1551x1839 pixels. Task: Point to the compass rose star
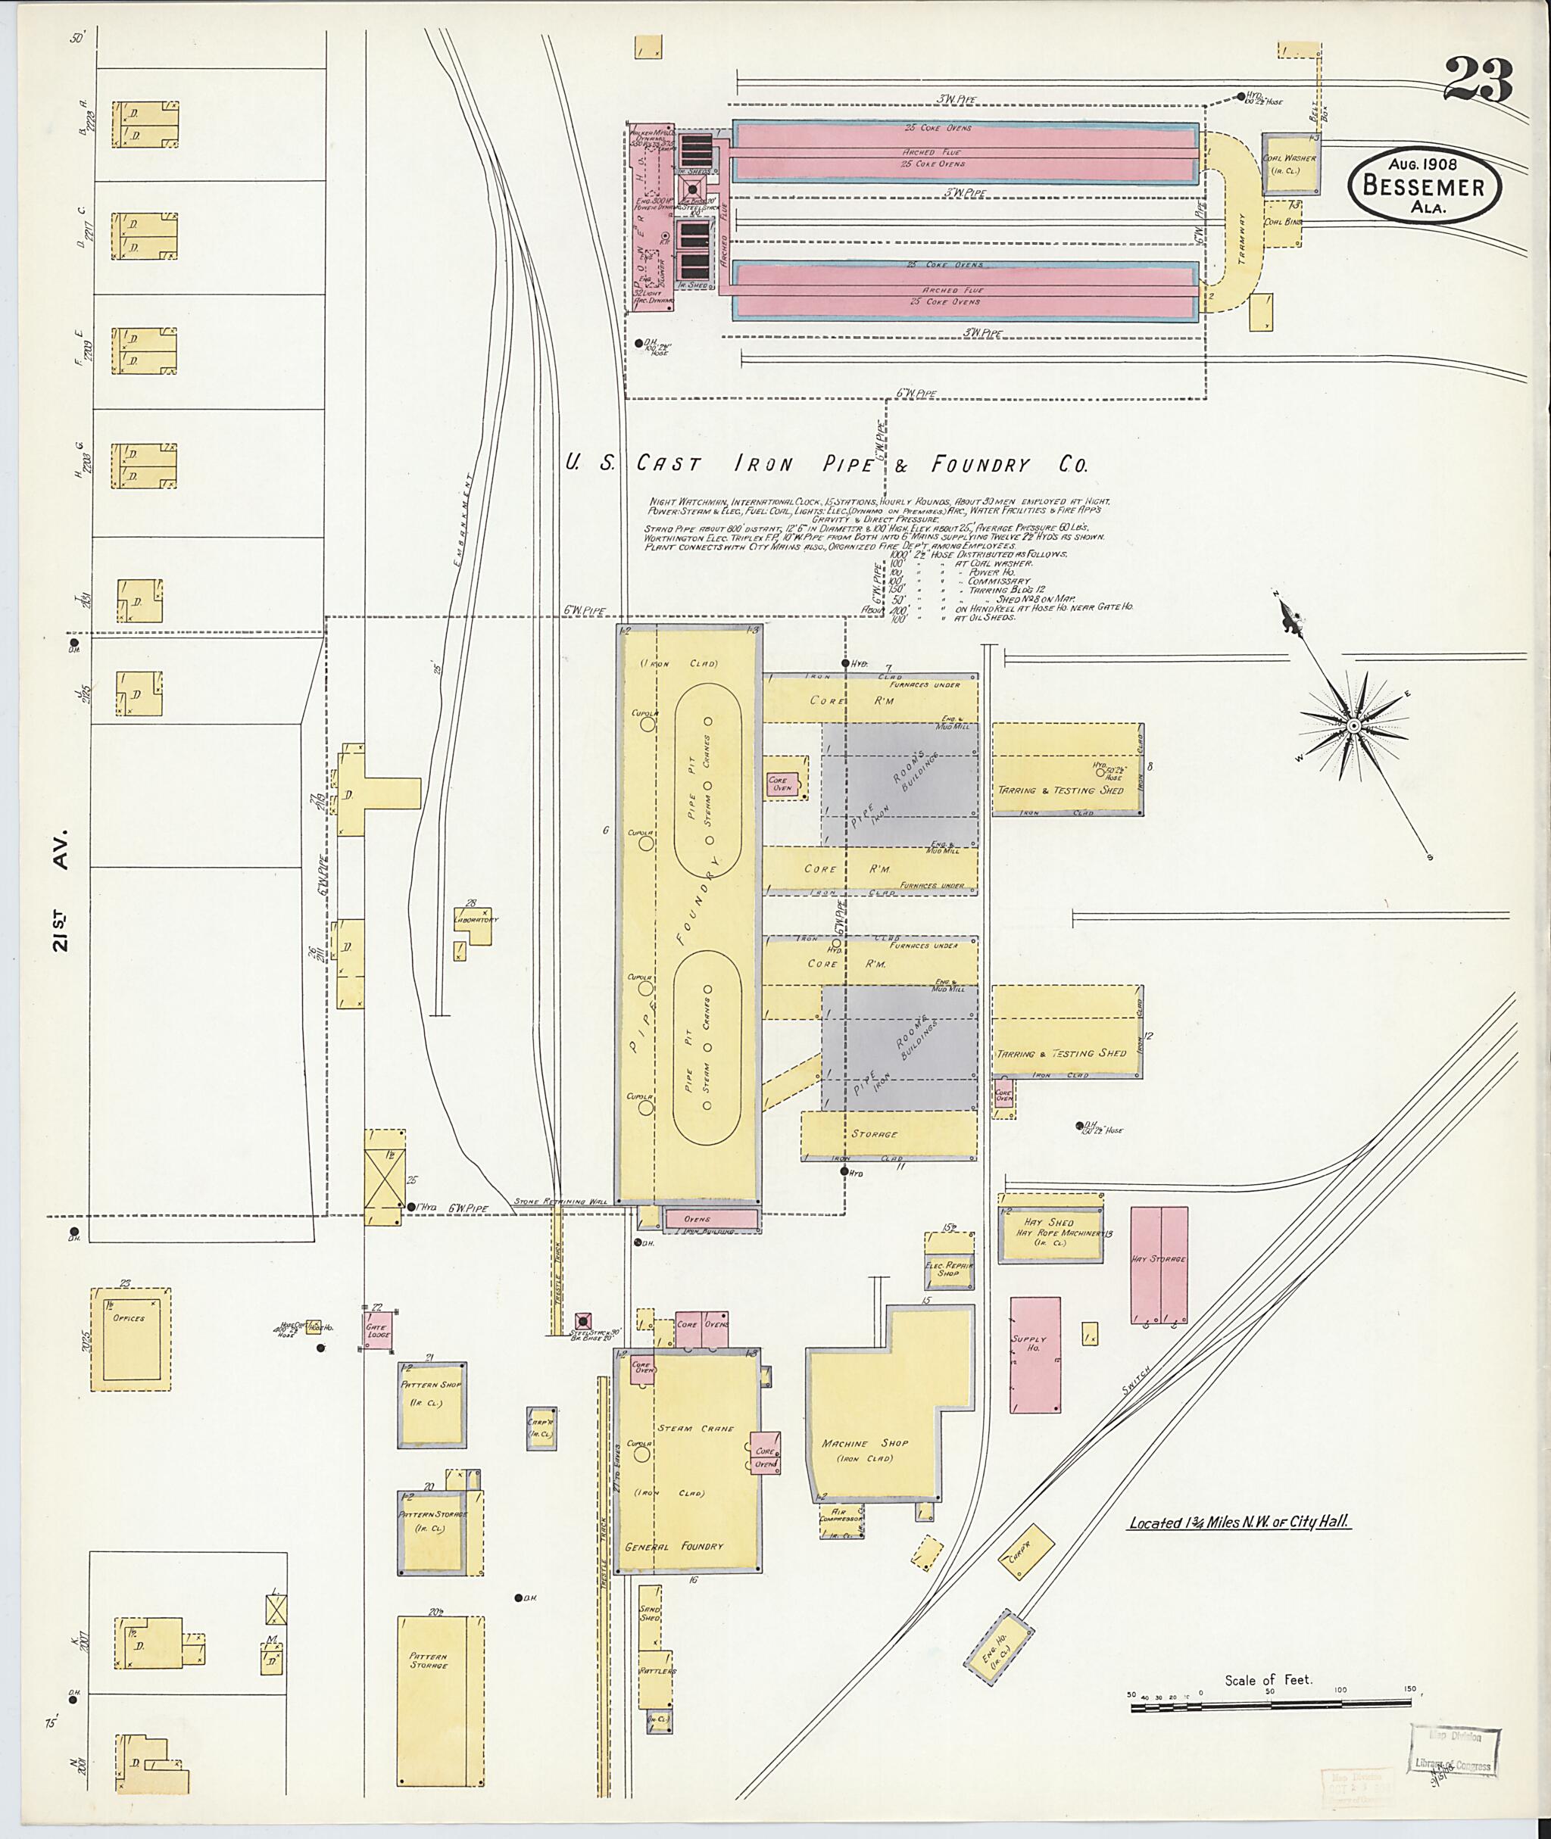tap(1353, 725)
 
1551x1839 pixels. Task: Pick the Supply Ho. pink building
tap(1034, 1354)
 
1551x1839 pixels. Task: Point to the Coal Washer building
tap(1290, 164)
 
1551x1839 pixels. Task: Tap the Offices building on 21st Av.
tap(130, 1339)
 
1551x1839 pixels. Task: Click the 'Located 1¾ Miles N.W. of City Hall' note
tap(1239, 1523)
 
